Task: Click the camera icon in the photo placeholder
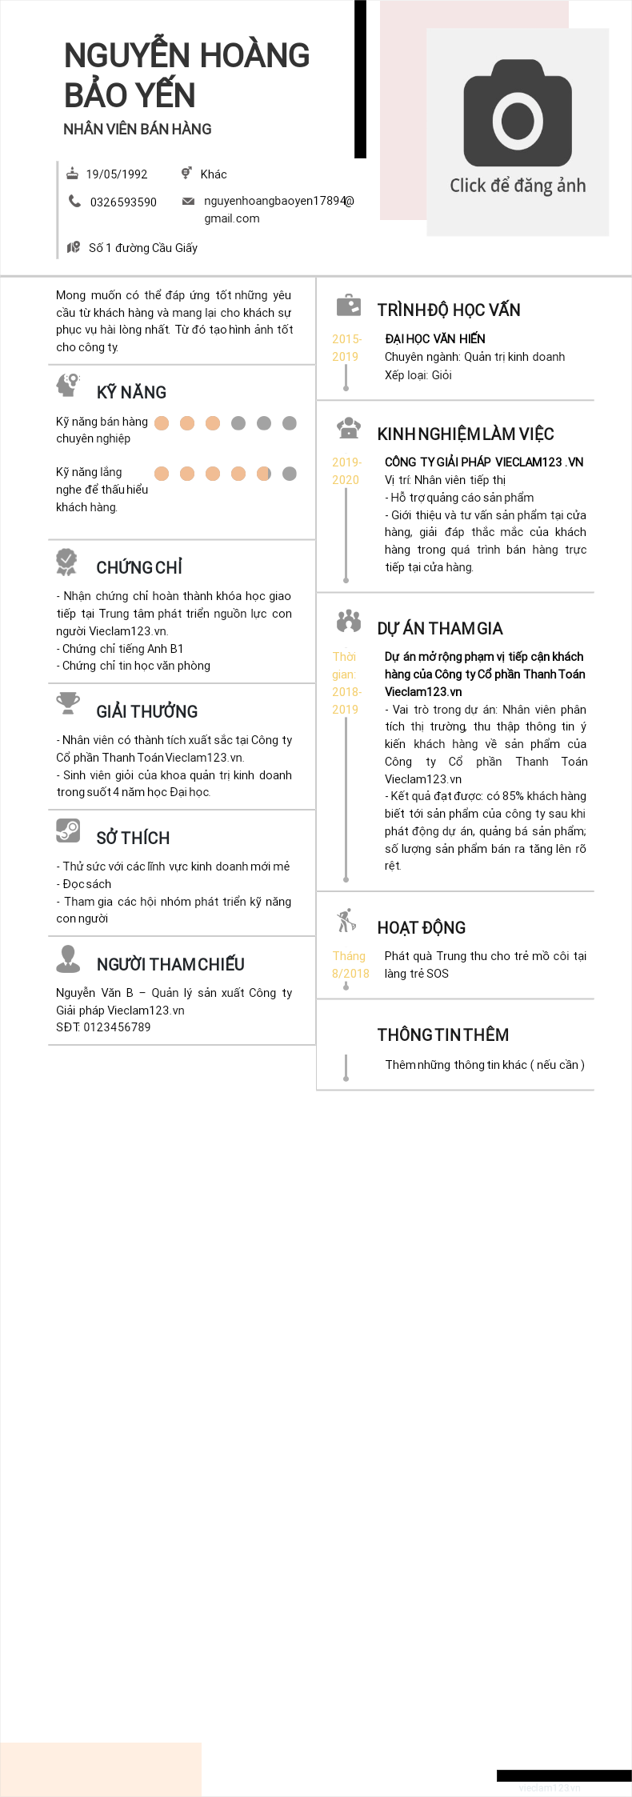click(518, 113)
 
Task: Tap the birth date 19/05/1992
click(117, 174)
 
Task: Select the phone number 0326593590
click(123, 202)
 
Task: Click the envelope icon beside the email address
click(188, 202)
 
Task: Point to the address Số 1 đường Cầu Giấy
click(142, 248)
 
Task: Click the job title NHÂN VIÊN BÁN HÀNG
click(138, 129)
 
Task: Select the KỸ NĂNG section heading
click(131, 392)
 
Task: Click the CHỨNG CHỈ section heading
click(139, 567)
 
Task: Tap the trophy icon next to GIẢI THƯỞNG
click(68, 702)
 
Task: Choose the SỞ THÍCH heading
click(133, 838)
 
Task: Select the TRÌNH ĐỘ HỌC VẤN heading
click(449, 310)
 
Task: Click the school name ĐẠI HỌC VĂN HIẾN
click(435, 339)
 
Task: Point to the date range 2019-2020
click(346, 471)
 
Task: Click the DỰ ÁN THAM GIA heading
click(440, 628)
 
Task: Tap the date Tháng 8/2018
click(350, 965)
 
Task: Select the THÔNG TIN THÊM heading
click(443, 1035)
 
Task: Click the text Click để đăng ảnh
click(518, 186)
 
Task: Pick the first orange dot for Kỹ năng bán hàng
click(162, 423)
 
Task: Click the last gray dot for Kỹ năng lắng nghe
click(290, 474)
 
